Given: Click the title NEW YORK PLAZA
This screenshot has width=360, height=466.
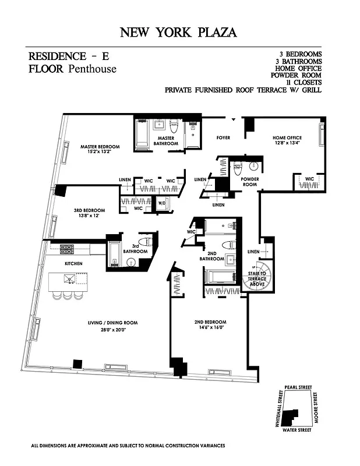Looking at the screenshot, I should (x=178, y=32).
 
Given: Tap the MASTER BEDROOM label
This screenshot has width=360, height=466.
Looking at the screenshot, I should (x=100, y=147).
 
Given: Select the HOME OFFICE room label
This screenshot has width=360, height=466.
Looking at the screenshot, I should (x=287, y=138).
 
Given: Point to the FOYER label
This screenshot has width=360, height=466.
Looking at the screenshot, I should (x=223, y=138).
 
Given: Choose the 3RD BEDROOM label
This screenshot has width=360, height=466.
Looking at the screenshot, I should (x=90, y=210).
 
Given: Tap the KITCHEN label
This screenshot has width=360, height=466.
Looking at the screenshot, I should (x=73, y=264).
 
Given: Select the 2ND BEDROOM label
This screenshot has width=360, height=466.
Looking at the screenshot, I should (x=210, y=322).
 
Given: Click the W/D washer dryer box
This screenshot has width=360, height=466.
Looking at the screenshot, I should (x=162, y=203).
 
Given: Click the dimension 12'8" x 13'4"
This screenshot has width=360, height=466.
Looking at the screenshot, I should (x=287, y=145).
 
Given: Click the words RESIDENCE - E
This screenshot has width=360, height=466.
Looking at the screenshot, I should (x=68, y=57).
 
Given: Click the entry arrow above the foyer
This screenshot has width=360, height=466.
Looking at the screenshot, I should (x=234, y=119).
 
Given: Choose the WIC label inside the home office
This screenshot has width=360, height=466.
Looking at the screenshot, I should (x=309, y=179).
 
